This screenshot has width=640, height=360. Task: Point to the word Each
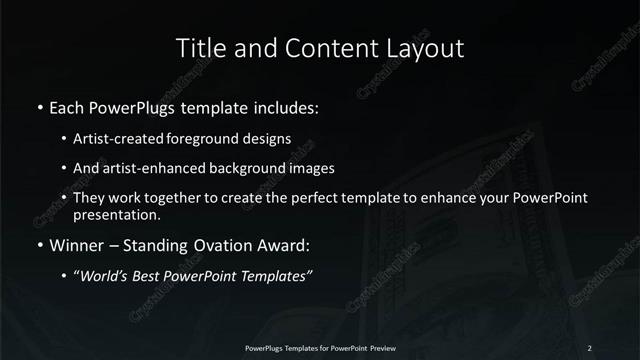click(67, 105)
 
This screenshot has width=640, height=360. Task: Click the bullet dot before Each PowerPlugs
click(39, 106)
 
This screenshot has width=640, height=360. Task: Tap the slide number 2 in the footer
click(589, 347)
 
